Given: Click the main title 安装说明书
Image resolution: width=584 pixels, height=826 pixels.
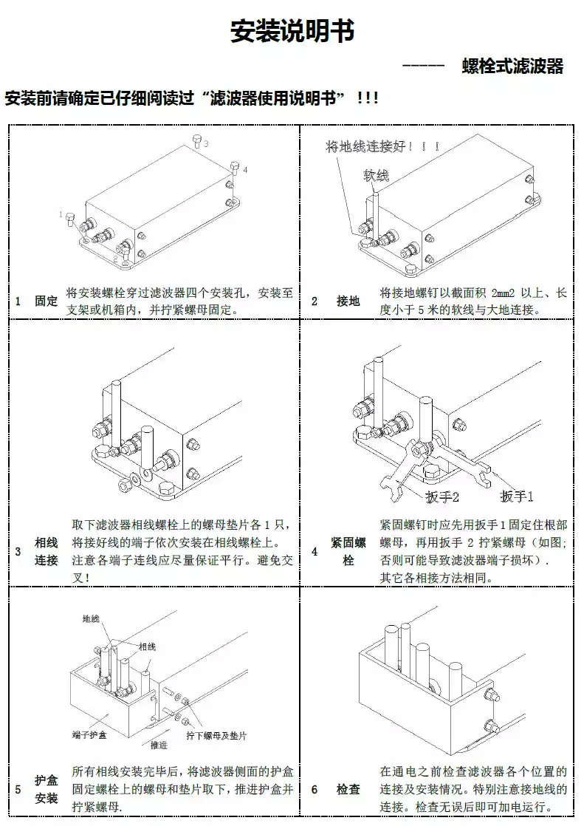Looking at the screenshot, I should point(292,32).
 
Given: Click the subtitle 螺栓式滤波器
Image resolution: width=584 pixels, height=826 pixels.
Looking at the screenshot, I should point(512,67).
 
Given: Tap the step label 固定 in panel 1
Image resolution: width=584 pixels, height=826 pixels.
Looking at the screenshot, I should point(46,301).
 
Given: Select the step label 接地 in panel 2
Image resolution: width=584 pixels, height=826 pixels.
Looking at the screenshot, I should point(348,301).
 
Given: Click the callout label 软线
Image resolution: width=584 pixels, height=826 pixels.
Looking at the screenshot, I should point(375,175).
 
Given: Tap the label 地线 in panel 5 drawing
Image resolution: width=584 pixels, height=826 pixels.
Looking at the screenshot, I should point(91,619).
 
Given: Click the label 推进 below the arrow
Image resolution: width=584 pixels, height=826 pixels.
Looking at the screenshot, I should point(159,744).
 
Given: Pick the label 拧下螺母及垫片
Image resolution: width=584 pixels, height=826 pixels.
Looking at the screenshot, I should point(216,736).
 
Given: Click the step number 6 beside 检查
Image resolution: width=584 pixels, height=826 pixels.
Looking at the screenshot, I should point(314,790).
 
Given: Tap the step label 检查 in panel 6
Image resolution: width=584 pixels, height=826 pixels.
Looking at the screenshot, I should point(348,790).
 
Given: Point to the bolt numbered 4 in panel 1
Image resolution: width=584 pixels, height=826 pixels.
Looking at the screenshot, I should point(235,166).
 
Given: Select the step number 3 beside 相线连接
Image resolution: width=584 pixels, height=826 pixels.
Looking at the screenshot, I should point(18,552).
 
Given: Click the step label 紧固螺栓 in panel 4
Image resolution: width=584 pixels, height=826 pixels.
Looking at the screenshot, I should point(348,552).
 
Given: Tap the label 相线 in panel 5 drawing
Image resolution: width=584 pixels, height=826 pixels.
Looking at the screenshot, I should point(147,646).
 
